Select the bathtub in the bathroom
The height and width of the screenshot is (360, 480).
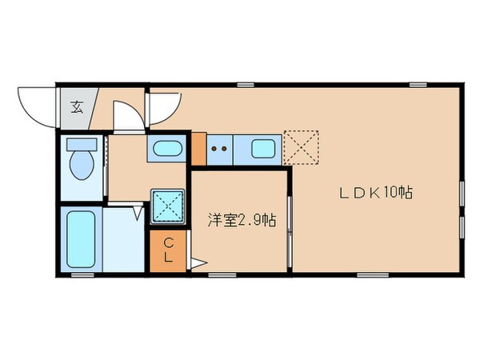(x=80, y=239)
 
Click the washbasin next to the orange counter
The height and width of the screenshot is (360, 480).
(x=167, y=149)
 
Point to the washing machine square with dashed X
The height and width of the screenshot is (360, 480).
(x=169, y=206)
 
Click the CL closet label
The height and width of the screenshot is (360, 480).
(x=169, y=250)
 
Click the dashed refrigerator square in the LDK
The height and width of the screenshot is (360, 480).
(x=302, y=146)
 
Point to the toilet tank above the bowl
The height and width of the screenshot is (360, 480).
(x=81, y=145)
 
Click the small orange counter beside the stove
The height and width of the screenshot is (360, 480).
(x=198, y=148)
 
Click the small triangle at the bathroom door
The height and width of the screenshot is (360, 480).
(x=138, y=214)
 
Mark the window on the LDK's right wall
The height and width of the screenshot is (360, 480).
(x=462, y=208)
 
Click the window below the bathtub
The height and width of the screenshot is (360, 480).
(x=82, y=274)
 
